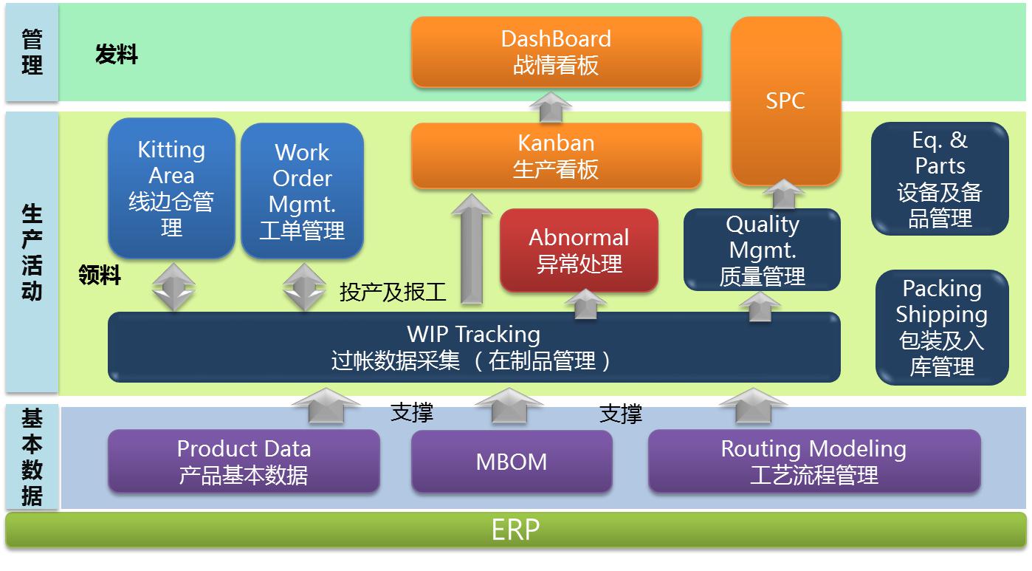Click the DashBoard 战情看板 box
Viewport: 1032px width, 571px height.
556,52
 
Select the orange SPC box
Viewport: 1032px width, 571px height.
785,100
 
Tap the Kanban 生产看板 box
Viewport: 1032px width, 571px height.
556,155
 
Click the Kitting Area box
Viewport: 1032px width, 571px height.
171,188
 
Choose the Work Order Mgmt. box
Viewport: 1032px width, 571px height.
302,191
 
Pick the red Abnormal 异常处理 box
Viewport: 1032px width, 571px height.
579,250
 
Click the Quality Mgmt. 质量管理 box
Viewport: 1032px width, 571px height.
762,250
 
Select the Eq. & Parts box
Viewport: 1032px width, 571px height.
940,179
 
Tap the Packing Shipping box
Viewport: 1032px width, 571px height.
941,327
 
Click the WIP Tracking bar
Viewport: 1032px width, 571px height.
473,347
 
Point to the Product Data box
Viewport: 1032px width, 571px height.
244,462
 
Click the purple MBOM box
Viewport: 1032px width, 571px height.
512,462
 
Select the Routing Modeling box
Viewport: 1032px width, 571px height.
813,462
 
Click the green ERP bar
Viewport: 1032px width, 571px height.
515,530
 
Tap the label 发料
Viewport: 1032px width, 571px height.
117,55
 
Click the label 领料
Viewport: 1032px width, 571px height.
100,276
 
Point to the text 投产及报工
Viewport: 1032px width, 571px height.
393,293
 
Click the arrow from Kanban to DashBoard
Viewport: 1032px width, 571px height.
551,106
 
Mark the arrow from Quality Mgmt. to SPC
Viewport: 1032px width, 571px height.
783,196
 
